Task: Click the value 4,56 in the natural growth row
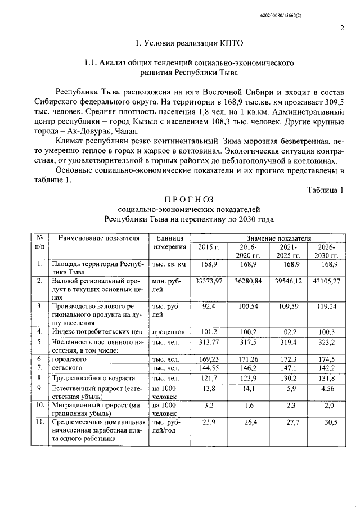(332, 388)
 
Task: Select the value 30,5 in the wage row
(332, 421)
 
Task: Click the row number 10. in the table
(40, 404)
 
